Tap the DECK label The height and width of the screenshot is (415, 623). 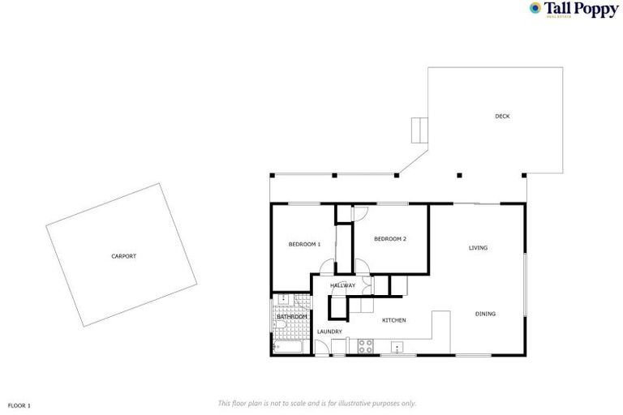pyautogui.click(x=502, y=116)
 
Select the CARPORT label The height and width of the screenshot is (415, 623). pyautogui.click(x=123, y=256)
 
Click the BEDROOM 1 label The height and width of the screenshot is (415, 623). pyautogui.click(x=305, y=244)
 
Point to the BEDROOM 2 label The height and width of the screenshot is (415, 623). pyautogui.click(x=389, y=238)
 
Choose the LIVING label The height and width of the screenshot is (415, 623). pyautogui.click(x=478, y=247)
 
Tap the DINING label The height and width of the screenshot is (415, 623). pyautogui.click(x=485, y=314)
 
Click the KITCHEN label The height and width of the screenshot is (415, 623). pyautogui.click(x=393, y=320)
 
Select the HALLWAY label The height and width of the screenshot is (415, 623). pyautogui.click(x=342, y=285)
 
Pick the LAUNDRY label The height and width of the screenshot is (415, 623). pyautogui.click(x=329, y=332)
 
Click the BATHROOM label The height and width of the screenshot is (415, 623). pyautogui.click(x=291, y=316)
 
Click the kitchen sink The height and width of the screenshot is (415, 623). pyautogui.click(x=397, y=347)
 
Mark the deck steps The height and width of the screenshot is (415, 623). pyautogui.click(x=419, y=128)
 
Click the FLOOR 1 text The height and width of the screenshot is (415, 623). pyautogui.click(x=19, y=404)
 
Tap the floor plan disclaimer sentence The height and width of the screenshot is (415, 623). pyautogui.click(x=317, y=403)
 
